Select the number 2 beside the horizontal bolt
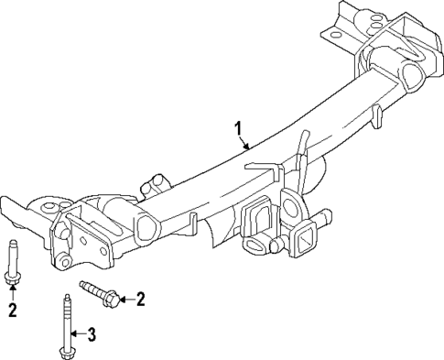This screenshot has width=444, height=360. (140, 298)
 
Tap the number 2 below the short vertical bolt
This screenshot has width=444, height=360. (13, 311)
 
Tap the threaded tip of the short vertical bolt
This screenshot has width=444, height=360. (13, 245)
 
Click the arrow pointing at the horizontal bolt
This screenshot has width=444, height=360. (127, 298)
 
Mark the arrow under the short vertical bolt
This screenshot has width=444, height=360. (13, 296)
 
